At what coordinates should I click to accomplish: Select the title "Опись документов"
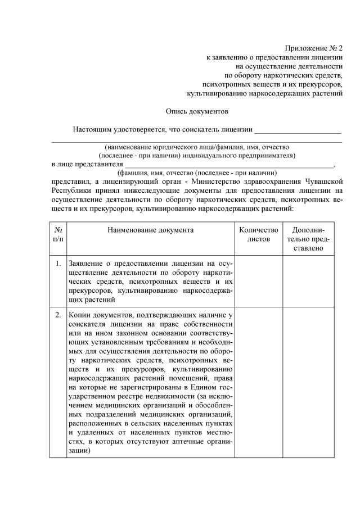(x=197, y=111)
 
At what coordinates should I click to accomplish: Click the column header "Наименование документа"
(x=150, y=230)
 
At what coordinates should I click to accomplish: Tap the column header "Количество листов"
(x=258, y=234)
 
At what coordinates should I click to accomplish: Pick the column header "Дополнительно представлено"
(x=308, y=239)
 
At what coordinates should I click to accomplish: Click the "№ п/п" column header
(x=58, y=234)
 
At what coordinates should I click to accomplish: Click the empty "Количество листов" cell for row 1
(x=258, y=281)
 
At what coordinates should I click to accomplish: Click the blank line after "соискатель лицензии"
(x=298, y=133)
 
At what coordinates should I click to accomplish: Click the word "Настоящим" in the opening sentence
(x=91, y=130)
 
